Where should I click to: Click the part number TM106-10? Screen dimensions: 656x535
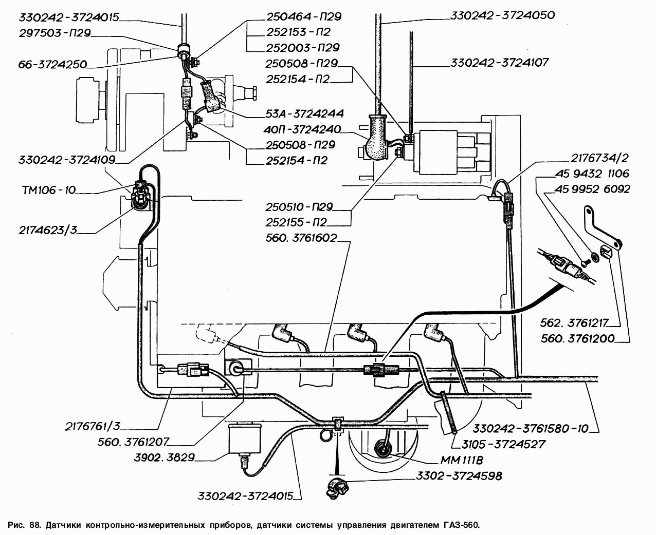(x=49, y=190)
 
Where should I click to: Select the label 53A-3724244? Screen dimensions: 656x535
(x=304, y=113)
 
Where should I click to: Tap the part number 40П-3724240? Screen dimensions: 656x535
(x=302, y=129)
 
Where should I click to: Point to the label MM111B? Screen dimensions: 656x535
(x=462, y=460)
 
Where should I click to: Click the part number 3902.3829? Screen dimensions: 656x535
(x=165, y=457)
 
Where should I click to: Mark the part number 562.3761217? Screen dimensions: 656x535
(x=574, y=323)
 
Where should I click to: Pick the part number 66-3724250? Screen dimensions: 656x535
(x=52, y=65)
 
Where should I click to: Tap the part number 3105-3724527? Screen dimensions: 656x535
(x=503, y=444)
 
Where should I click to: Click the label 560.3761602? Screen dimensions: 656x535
(x=301, y=238)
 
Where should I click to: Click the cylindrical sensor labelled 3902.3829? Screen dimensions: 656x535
(x=244, y=438)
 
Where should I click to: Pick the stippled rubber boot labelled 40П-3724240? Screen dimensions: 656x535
(x=376, y=137)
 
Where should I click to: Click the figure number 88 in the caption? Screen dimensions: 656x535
(x=35, y=525)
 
